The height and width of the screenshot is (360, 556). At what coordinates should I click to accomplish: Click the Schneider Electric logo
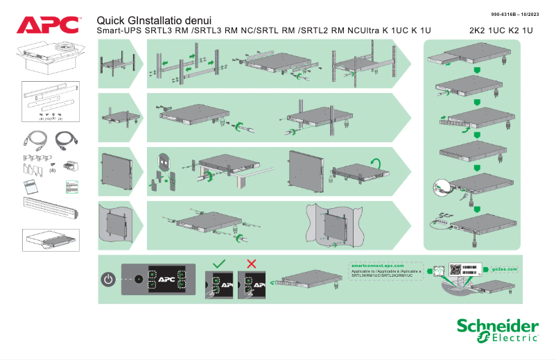497,330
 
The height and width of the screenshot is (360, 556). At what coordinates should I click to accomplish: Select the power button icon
107,280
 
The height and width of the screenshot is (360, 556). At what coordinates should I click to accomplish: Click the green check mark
218,264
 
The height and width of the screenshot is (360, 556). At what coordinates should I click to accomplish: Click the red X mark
252,264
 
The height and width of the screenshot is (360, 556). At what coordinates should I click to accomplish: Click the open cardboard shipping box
51,57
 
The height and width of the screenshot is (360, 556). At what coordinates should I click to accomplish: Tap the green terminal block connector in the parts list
70,166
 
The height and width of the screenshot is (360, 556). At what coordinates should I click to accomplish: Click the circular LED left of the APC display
138,280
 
